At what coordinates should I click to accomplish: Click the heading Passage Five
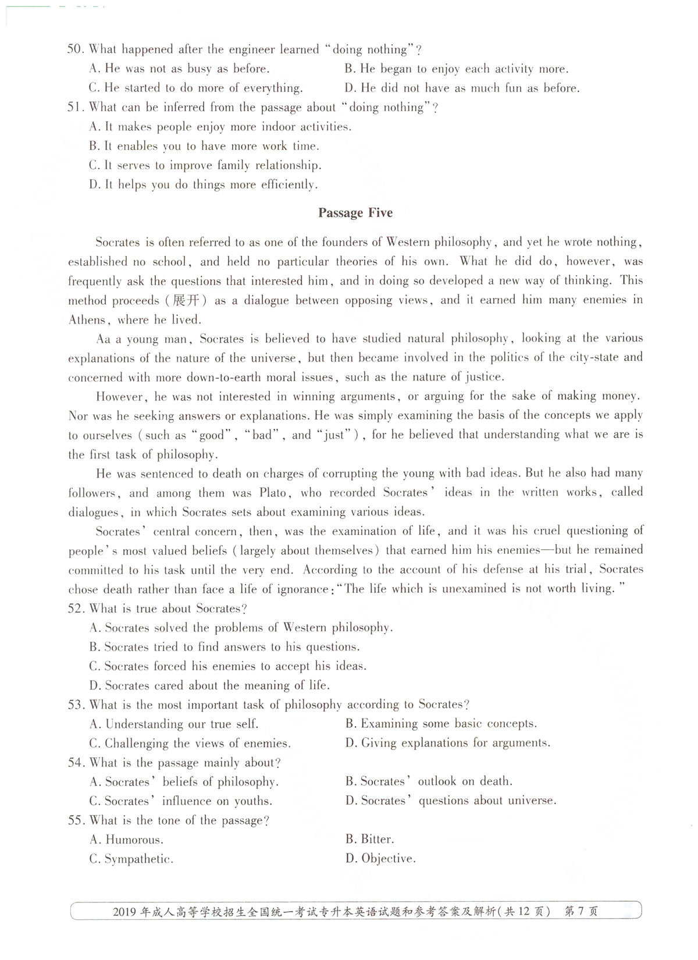(x=355, y=213)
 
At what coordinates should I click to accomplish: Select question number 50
(x=76, y=49)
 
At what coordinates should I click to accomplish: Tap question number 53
(x=76, y=705)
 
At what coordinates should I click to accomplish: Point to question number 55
(x=76, y=820)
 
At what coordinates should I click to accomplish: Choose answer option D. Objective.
(x=380, y=859)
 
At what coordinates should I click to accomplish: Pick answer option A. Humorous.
(x=126, y=840)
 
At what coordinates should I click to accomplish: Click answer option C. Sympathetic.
(x=131, y=859)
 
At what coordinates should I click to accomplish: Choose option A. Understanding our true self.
(x=174, y=724)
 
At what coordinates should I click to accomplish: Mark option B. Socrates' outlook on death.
(x=429, y=781)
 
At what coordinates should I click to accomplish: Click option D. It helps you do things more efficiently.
(x=203, y=185)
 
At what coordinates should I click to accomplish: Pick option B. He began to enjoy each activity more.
(x=456, y=69)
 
